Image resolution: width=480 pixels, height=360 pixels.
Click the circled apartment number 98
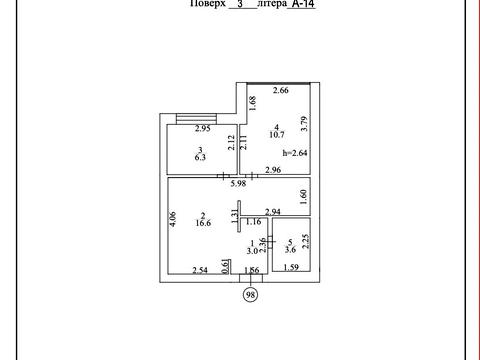251,295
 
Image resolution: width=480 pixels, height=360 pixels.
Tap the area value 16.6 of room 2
203,223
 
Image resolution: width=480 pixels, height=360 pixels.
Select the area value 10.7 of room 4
277,135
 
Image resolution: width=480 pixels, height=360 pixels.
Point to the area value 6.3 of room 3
200,157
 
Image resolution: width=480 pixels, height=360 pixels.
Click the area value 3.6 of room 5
290,250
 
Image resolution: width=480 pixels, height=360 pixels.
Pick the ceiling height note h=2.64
295,153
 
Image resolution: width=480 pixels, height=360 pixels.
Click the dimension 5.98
238,183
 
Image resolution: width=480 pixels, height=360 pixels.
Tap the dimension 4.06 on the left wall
173,219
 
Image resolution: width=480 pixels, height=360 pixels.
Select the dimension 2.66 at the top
281,90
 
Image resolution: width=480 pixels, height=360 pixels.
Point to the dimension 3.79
304,123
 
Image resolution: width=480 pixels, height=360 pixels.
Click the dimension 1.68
252,103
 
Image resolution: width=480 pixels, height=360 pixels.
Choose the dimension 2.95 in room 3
203,128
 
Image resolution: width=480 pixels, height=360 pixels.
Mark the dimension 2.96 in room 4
273,170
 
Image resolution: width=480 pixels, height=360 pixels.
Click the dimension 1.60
303,197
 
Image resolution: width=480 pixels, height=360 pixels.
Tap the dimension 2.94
273,212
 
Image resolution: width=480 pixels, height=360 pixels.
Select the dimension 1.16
253,221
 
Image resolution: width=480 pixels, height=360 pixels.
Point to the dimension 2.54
200,270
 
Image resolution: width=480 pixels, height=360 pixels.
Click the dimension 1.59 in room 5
291,267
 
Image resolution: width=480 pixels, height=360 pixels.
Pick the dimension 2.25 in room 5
305,242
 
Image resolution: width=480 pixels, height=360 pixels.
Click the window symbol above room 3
196,119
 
